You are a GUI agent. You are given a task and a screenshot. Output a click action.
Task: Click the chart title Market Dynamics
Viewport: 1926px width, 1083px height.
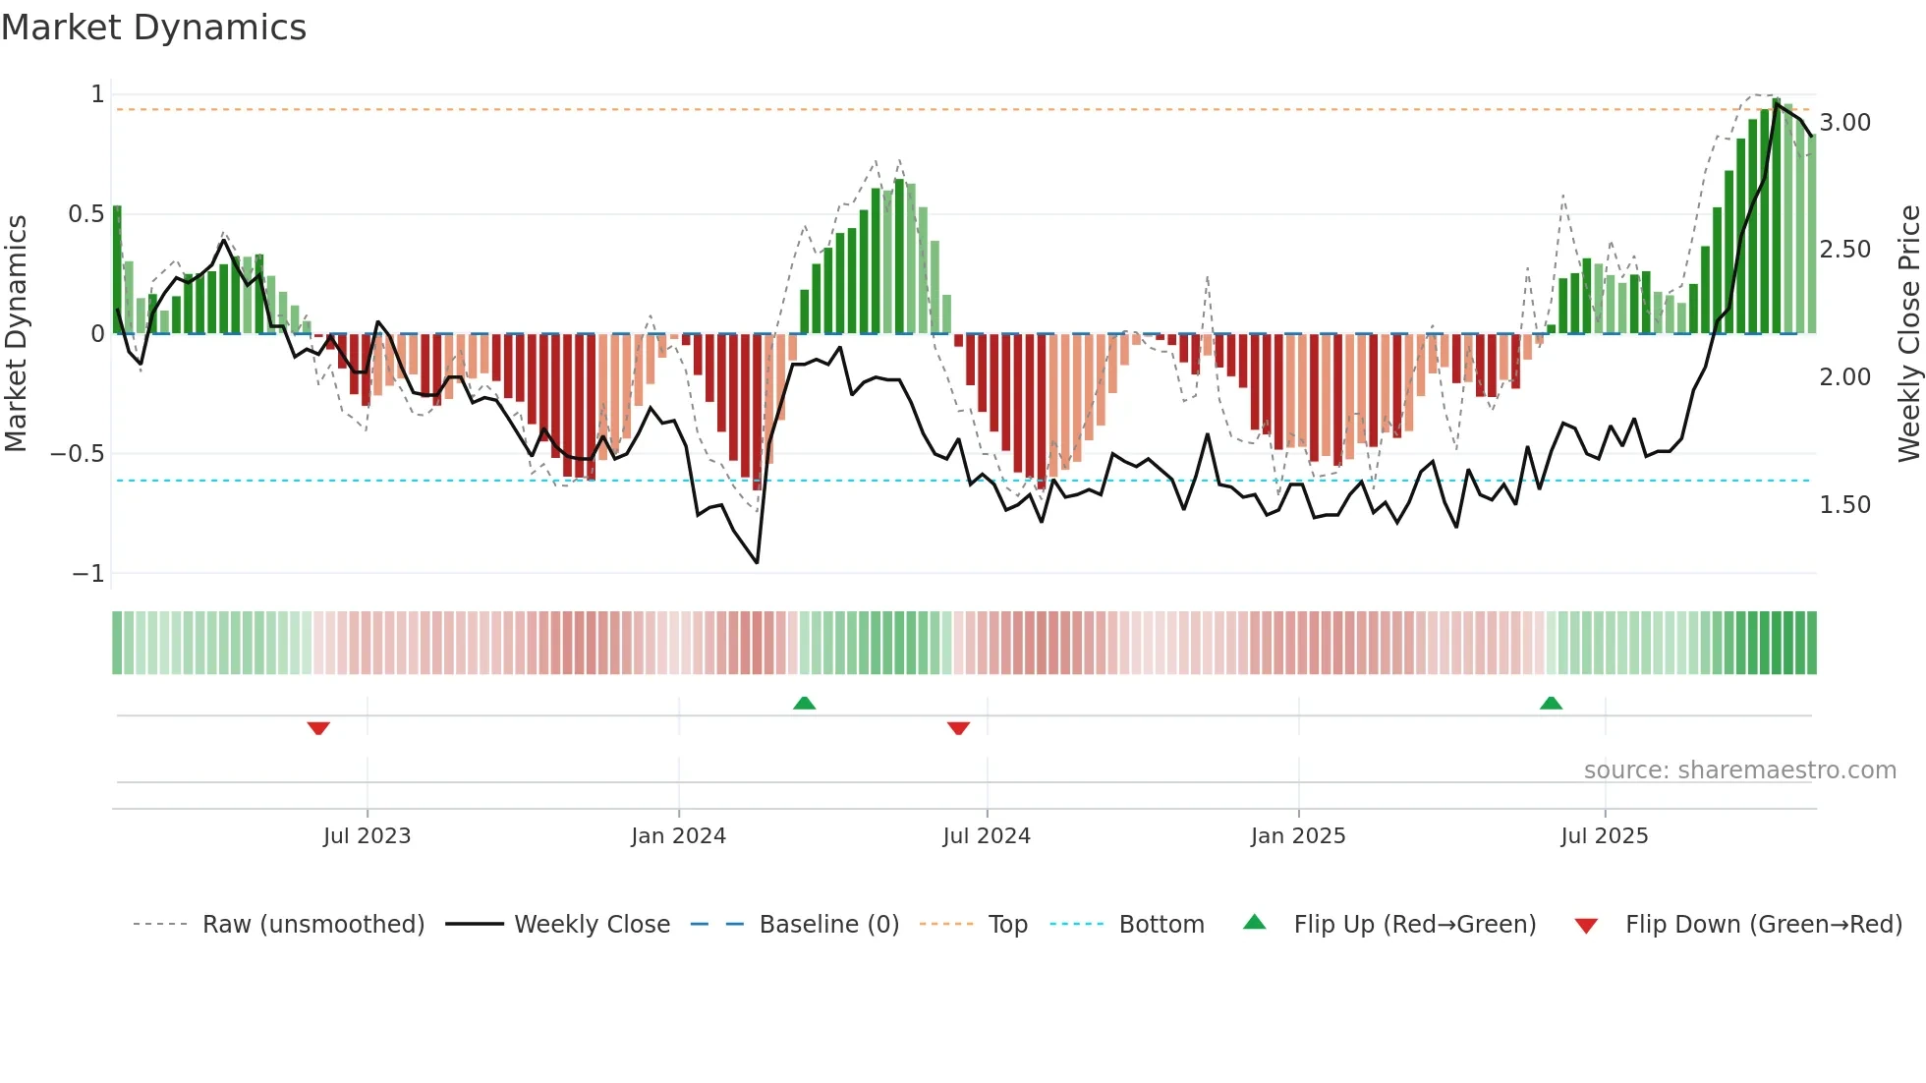[153, 28]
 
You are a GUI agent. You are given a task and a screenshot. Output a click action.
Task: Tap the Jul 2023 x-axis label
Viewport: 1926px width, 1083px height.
[367, 836]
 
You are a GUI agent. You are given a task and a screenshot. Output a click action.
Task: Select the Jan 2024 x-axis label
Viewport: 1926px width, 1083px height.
[678, 836]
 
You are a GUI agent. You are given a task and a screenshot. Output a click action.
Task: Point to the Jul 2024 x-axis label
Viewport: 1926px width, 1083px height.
[987, 836]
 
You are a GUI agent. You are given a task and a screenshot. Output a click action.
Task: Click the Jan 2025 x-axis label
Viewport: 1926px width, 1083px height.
[1298, 836]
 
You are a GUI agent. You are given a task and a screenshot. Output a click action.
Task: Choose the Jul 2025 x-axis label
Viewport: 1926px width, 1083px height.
[1605, 836]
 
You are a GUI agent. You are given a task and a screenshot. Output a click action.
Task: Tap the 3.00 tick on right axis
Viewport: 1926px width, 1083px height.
[1844, 123]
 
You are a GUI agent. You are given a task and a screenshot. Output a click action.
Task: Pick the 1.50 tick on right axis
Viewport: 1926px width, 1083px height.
[1844, 505]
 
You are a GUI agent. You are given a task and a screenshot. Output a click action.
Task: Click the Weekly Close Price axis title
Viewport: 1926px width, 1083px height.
[1908, 333]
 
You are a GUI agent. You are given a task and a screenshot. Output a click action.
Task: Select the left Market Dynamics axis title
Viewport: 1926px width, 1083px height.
[17, 333]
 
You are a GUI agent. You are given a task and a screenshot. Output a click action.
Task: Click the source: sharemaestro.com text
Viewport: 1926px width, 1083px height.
[1739, 770]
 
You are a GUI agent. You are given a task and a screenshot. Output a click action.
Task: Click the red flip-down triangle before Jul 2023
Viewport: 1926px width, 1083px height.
[318, 728]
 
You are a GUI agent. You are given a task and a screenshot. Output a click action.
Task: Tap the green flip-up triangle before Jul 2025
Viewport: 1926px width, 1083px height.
[1551, 703]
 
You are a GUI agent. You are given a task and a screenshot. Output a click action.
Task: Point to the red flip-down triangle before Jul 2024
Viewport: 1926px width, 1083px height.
[958, 728]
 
